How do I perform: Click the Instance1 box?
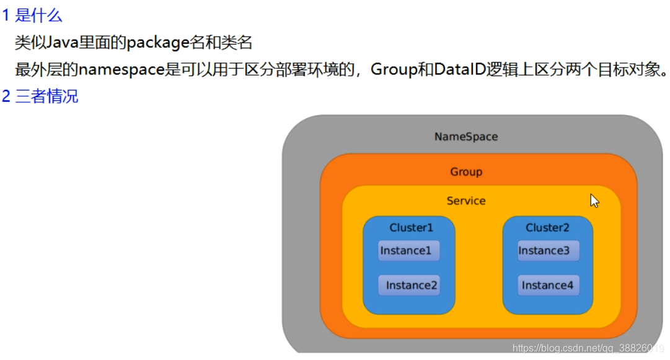click(x=409, y=251)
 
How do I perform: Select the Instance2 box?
click(x=409, y=286)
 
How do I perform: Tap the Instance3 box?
click(x=549, y=251)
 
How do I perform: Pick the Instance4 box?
click(x=549, y=286)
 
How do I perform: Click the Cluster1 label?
click(x=412, y=227)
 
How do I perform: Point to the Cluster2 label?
click(x=547, y=227)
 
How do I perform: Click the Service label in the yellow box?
click(x=466, y=201)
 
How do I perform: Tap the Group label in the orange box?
click(x=466, y=172)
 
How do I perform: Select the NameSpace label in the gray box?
click(x=466, y=136)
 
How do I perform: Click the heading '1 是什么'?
click(x=32, y=15)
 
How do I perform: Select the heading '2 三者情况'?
click(x=40, y=97)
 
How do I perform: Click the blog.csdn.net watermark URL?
click(x=588, y=349)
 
